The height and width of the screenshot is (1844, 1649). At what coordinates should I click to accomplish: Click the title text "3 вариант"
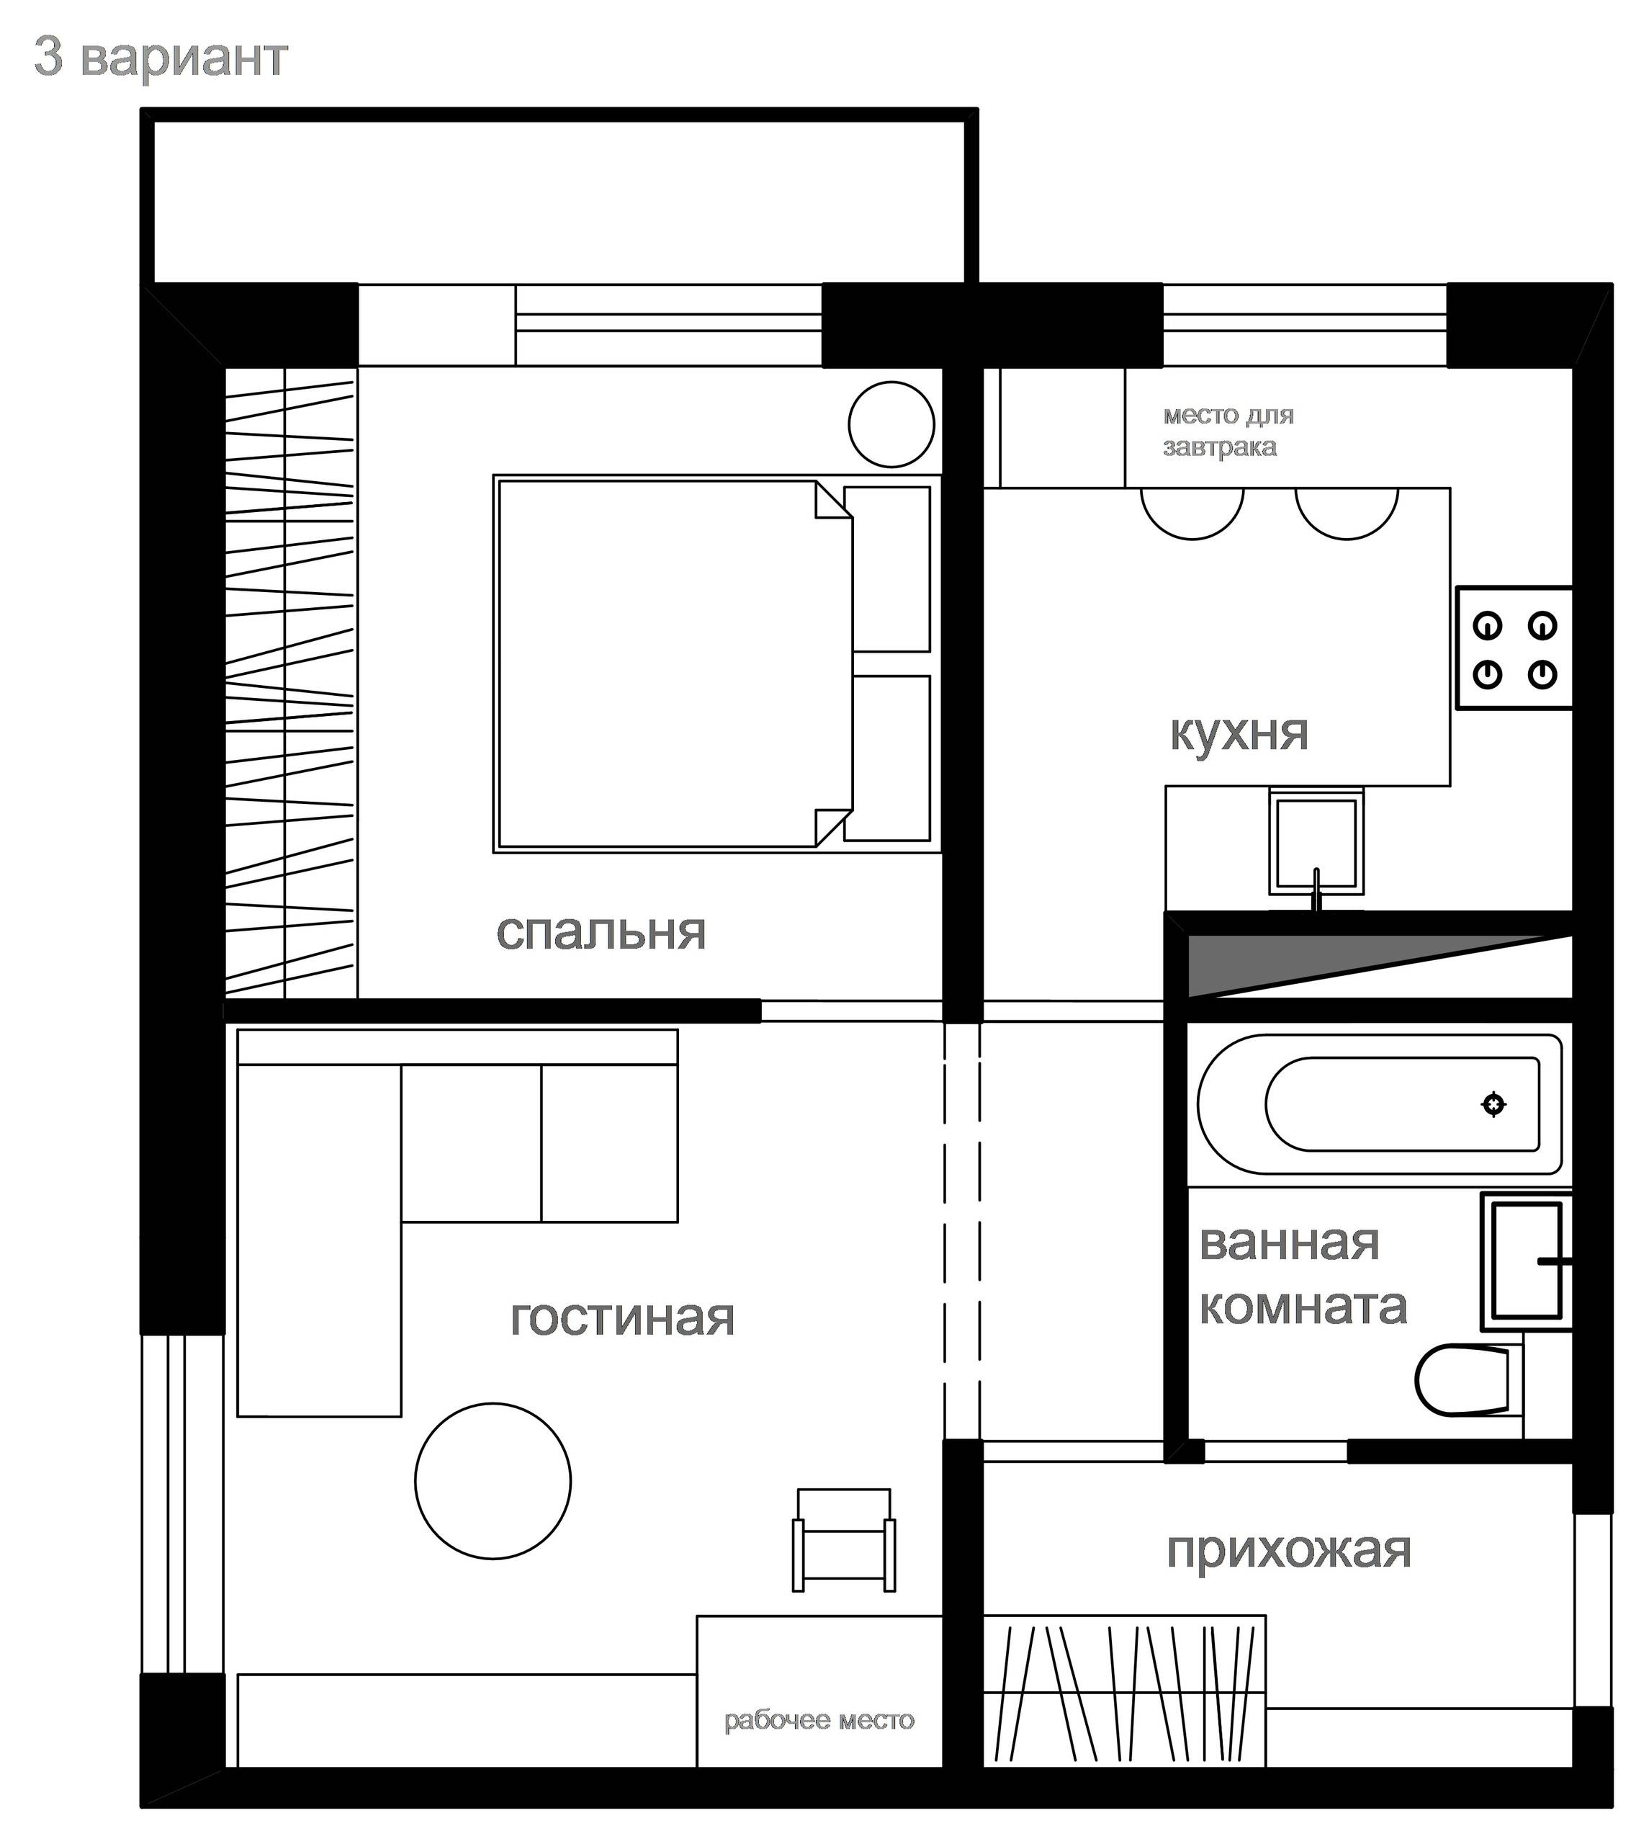pos(161,58)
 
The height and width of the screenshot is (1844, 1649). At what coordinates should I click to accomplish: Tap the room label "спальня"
pos(601,931)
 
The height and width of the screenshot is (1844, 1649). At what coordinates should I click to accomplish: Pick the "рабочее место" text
pos(819,1720)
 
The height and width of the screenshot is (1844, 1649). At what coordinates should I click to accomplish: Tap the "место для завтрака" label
pos(1228,431)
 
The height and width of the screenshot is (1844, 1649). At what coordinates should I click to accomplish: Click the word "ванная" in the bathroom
pos(1288,1243)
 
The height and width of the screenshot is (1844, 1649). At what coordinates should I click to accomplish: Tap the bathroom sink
pos(1526,1261)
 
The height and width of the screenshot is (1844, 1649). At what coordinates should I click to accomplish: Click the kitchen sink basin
pos(1316,842)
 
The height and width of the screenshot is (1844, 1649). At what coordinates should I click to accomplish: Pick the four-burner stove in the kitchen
pos(1513,649)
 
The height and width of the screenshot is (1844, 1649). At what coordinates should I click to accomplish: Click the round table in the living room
pos(493,1481)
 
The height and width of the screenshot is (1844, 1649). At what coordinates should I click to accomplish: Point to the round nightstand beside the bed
pos(891,424)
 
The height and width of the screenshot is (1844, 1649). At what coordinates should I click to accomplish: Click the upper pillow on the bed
pos(887,569)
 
